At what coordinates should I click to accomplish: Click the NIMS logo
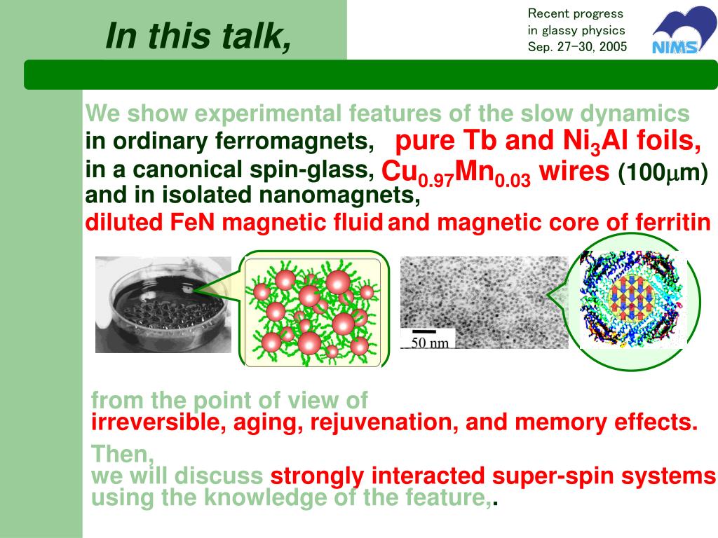tap(682, 30)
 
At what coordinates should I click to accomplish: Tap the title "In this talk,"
tap(198, 36)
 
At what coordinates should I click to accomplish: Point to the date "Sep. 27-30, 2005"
tap(577, 47)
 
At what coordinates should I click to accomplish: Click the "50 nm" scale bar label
tap(430, 343)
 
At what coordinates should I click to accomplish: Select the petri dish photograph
tap(163, 305)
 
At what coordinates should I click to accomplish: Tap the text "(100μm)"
tap(663, 173)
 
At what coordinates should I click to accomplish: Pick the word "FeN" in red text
tap(192, 223)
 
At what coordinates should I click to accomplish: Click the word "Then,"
tap(123, 454)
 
